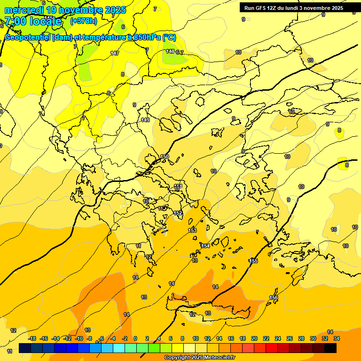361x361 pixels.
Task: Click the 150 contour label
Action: coord(165,157)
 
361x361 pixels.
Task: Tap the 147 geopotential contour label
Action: coord(115,53)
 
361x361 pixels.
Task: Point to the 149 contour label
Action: coord(145,120)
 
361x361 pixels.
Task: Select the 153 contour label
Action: coord(192,230)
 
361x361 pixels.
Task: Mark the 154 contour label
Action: coord(205,246)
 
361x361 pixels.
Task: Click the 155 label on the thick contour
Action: coord(254,261)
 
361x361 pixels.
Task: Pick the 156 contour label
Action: coord(274,298)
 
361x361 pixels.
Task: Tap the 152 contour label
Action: coord(178,213)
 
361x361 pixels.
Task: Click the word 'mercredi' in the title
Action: coord(24,9)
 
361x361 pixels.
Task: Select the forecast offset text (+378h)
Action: coord(83,21)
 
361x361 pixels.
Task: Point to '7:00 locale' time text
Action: coord(33,21)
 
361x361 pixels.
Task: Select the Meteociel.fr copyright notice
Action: coord(199,358)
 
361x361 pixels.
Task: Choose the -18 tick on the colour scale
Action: coord(32,338)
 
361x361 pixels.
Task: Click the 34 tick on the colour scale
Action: coord(337,338)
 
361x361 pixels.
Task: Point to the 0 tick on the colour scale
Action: coord(135,338)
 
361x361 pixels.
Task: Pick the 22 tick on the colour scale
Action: coord(266,338)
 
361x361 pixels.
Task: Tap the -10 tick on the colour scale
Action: coord(79,338)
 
